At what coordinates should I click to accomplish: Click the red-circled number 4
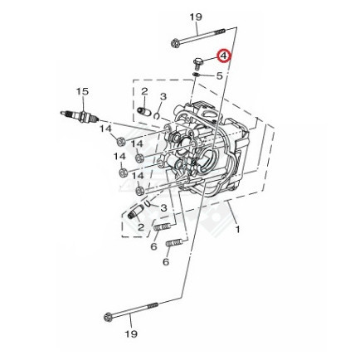(223, 56)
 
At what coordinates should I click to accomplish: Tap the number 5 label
(219, 75)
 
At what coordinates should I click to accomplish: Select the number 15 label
(82, 91)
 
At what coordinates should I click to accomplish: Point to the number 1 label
(238, 229)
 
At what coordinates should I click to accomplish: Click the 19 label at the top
(196, 17)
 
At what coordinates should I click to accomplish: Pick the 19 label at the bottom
(131, 333)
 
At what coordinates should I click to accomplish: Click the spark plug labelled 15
(80, 117)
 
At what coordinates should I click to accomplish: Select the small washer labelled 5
(196, 74)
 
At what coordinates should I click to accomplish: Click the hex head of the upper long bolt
(175, 44)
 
